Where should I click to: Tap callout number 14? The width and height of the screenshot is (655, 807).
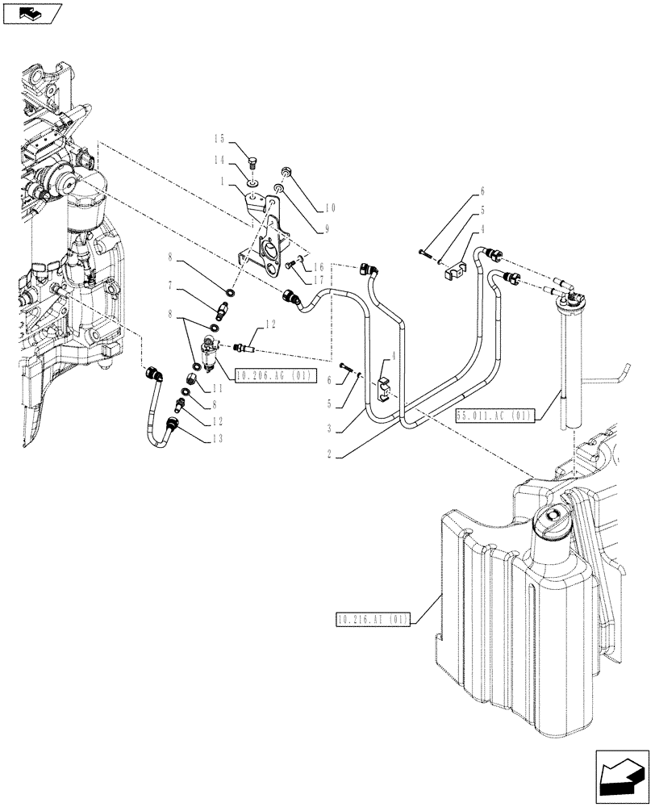tap(218, 161)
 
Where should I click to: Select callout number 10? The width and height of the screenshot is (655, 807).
tap(330, 207)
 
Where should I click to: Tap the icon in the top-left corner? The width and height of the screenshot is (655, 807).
tap(32, 13)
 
